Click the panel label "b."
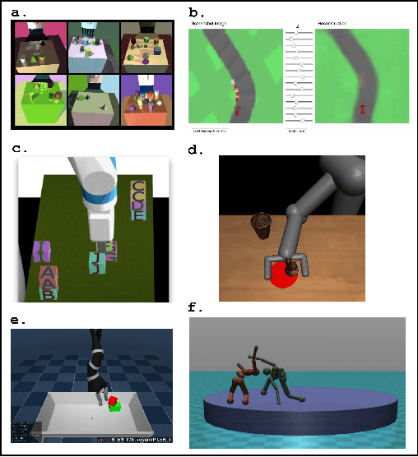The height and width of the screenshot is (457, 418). pos(196,12)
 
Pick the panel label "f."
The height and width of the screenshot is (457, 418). pos(195,308)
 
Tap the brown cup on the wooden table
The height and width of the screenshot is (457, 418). pos(261,224)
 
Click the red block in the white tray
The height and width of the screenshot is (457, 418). pos(114,401)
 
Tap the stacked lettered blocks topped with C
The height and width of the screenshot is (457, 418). pos(140,201)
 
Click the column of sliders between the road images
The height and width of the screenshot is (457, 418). pos(295,78)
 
